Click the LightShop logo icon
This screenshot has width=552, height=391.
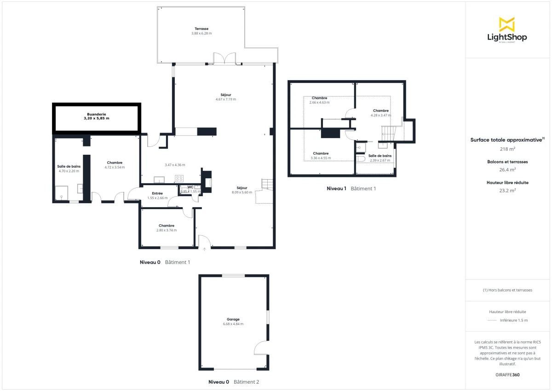(507, 24)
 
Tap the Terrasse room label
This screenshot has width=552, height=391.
(201, 29)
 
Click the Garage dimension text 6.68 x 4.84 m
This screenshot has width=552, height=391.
(233, 324)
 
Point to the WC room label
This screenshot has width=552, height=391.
(190, 187)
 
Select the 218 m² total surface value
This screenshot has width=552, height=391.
(507, 149)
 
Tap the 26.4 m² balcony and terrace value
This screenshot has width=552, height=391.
(507, 169)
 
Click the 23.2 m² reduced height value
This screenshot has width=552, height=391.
(507, 190)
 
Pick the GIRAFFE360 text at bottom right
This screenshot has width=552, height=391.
(507, 374)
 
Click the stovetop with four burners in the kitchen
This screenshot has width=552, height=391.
(179, 178)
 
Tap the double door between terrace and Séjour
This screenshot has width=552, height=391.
(224, 58)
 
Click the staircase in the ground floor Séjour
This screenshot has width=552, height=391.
(267, 184)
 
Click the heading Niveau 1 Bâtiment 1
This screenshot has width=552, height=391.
(351, 188)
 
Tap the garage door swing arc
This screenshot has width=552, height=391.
(260, 348)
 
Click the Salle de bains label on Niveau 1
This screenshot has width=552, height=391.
(380, 156)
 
